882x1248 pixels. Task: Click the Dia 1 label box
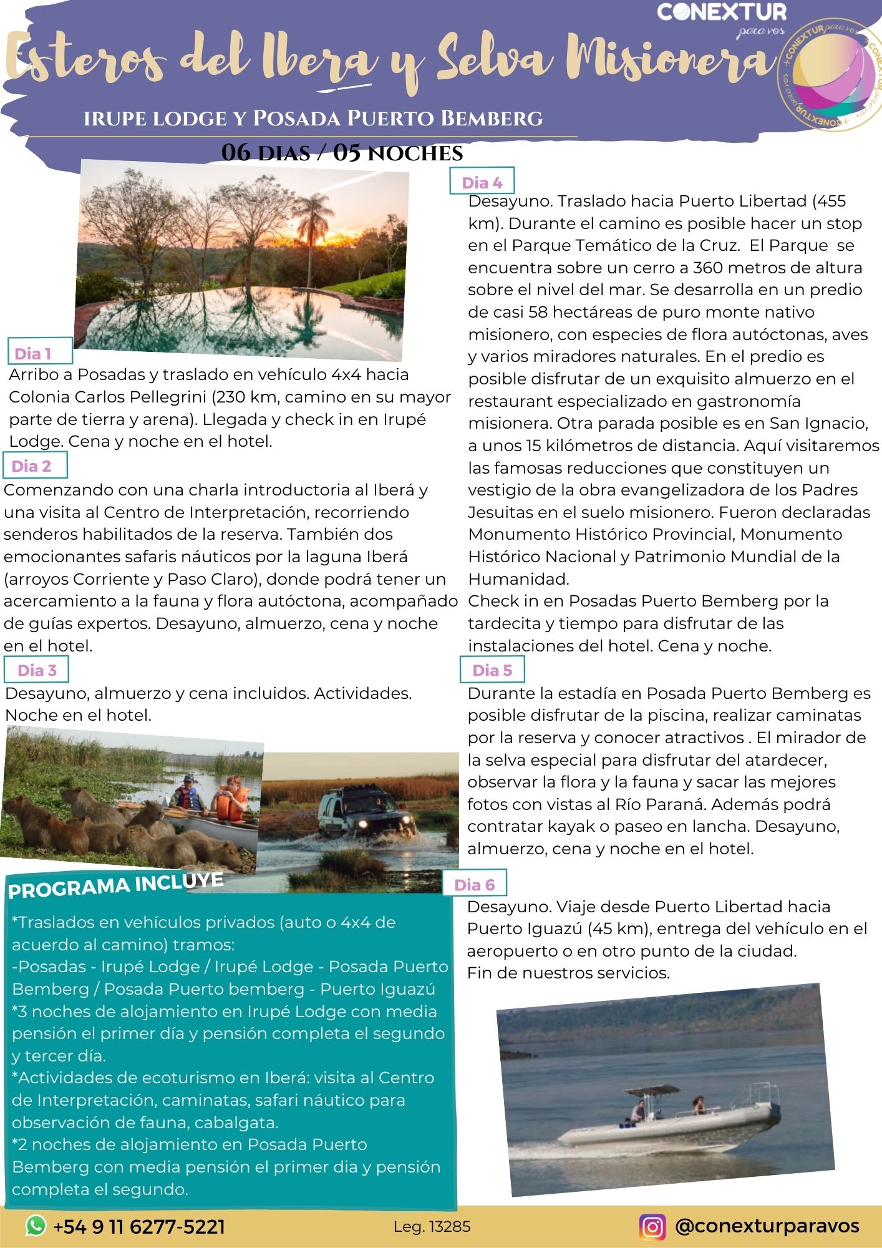pos(40,353)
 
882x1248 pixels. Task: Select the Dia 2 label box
pos(35,466)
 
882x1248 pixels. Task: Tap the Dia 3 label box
pos(37,670)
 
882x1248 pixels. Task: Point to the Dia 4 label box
pos(482,182)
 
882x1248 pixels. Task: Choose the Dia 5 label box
pos(492,670)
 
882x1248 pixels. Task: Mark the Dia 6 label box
pos(474,884)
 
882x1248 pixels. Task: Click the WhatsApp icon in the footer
pos(36,1226)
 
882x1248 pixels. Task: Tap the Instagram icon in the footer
pos(652,1226)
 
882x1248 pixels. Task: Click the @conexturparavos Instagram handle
pos(767,1226)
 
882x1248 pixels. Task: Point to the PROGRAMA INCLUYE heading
pos(116,885)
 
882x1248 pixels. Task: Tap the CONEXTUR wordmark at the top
pos(722,12)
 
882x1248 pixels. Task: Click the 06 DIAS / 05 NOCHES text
pos(342,153)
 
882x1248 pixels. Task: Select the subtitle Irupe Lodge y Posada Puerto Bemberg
pos(313,118)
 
